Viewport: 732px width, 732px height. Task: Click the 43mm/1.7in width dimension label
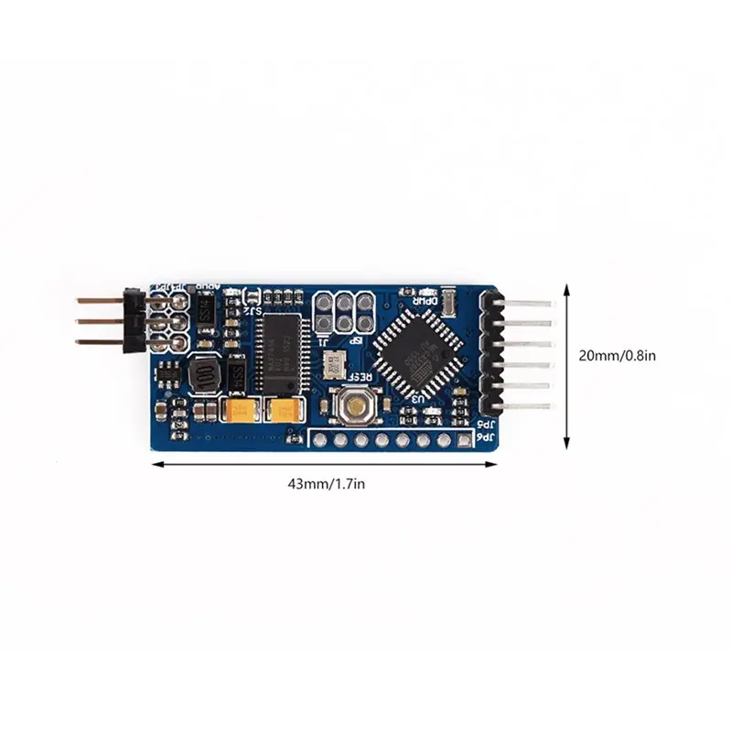(326, 483)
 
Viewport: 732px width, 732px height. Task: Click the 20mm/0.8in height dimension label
(619, 356)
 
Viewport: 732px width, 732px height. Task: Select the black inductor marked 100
(206, 375)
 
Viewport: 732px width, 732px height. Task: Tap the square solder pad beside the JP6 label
(465, 441)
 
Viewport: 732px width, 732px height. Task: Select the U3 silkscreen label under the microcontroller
(417, 399)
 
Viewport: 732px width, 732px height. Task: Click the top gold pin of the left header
(99, 300)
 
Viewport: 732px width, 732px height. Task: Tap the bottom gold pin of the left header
(99, 342)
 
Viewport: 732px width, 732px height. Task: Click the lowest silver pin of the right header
(529, 405)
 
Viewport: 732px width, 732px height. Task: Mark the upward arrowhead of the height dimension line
(567, 289)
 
